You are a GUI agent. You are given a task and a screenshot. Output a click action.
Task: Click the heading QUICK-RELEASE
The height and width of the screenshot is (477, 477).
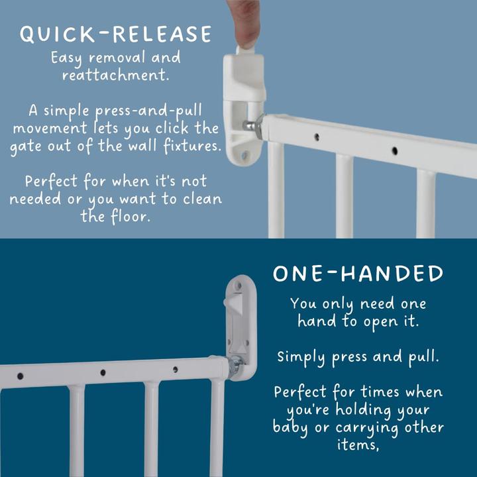[x=115, y=34]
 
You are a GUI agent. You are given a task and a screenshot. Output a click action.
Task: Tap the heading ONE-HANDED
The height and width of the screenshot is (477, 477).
[x=358, y=274]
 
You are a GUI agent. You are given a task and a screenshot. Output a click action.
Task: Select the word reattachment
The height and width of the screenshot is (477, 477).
[x=115, y=75]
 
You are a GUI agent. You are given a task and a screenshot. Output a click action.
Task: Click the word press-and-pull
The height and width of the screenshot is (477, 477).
[x=148, y=111]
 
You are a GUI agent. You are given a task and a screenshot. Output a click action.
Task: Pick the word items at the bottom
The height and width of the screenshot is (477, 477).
[x=358, y=445]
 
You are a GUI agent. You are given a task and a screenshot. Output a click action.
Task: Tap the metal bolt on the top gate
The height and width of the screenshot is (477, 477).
[x=253, y=126]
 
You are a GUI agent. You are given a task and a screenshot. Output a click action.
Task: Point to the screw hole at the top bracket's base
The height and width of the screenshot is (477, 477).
[x=244, y=156]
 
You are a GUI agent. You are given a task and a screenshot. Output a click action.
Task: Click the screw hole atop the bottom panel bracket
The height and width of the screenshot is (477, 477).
[x=238, y=286]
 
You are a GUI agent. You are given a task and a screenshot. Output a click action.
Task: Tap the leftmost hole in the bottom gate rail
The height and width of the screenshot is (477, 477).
[x=20, y=376]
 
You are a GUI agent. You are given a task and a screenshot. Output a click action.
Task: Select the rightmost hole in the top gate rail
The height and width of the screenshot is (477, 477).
[x=395, y=150]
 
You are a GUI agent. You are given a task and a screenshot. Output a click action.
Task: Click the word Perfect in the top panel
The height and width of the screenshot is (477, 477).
[x=52, y=182]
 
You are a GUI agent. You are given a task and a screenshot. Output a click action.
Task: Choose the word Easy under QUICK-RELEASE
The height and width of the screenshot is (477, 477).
[x=66, y=58]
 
